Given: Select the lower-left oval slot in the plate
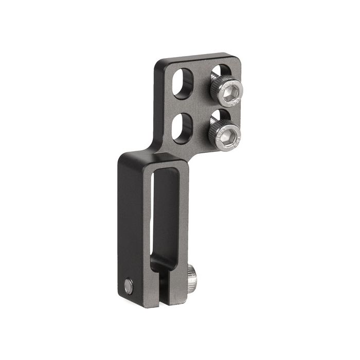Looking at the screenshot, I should pos(182,128).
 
